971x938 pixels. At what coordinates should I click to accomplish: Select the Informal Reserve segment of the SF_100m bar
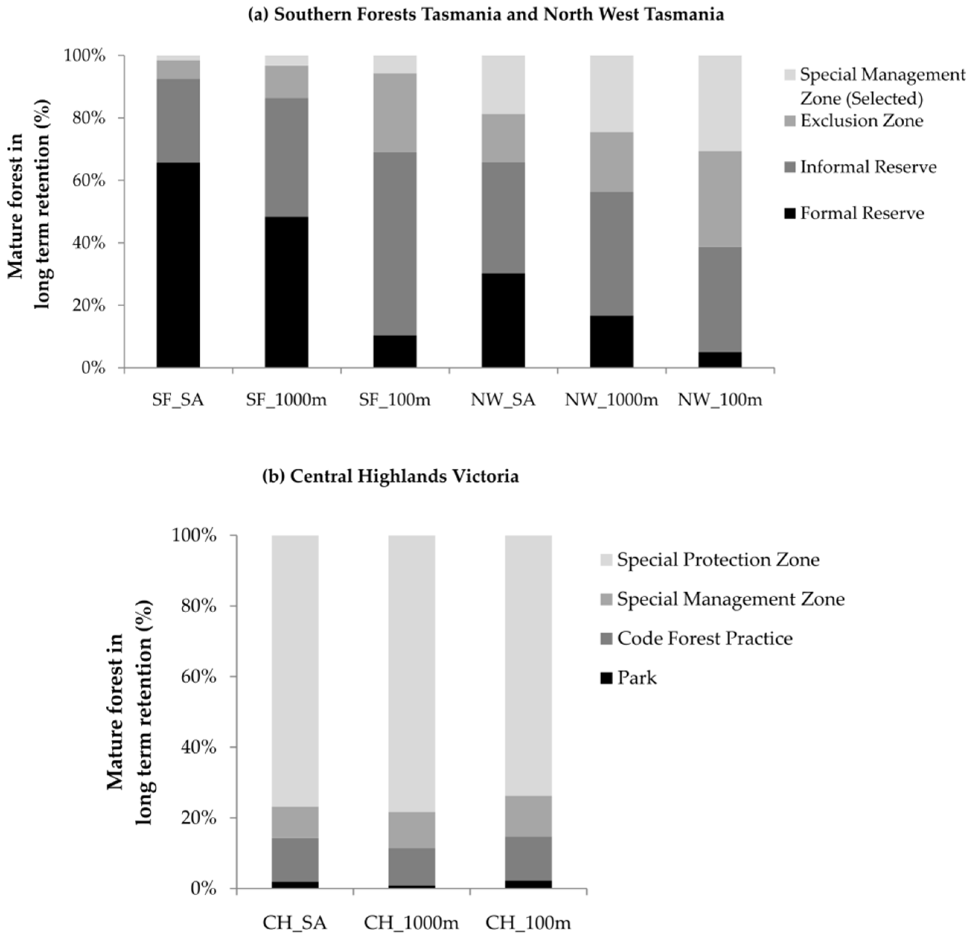(395, 244)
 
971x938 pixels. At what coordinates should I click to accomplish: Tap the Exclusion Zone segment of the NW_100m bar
(720, 199)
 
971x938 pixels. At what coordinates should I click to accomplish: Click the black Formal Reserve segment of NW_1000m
(611, 341)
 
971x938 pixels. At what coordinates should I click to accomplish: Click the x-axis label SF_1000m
(286, 400)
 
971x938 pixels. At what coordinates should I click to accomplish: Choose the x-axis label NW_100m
(720, 400)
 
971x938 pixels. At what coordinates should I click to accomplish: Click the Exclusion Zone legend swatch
(790, 121)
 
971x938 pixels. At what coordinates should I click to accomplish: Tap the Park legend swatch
(607, 677)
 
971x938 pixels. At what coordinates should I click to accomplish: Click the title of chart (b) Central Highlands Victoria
(391, 476)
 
